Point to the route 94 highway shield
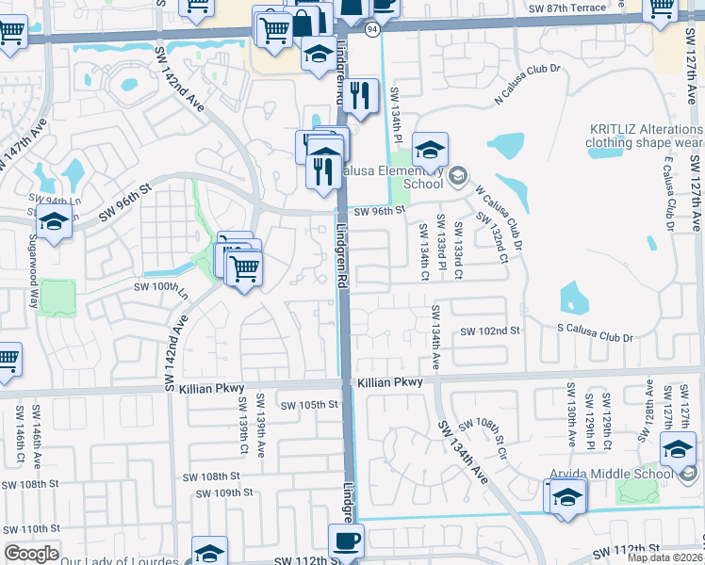373,31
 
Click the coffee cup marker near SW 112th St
345,542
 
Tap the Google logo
31,553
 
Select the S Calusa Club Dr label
594,337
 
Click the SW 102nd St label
490,331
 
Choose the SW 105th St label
306,405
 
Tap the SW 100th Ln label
161,286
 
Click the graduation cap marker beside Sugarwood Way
54,224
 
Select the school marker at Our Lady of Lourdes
209,552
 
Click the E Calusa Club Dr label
666,190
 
